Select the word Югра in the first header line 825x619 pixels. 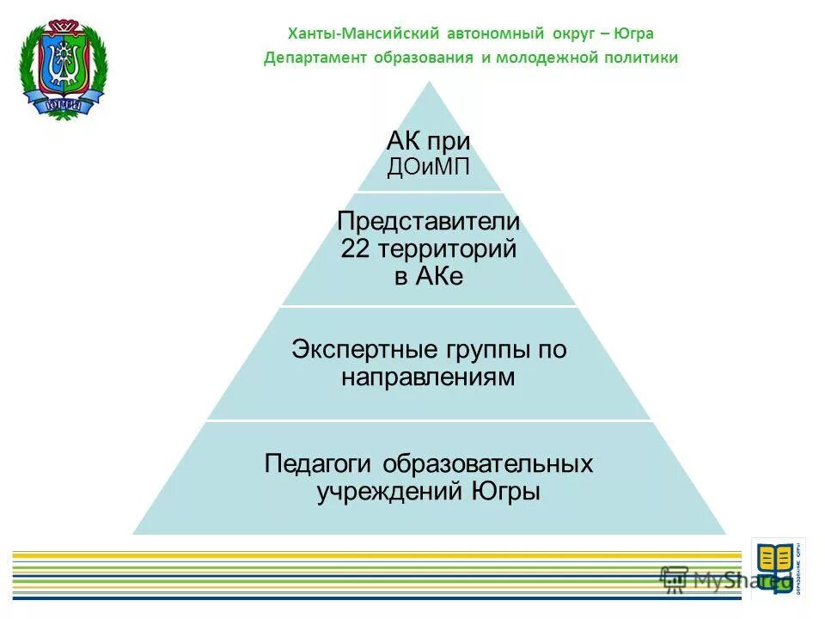tap(633, 34)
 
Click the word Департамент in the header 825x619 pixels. tap(315, 58)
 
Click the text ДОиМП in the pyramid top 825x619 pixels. tap(428, 167)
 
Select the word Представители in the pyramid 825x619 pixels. tap(428, 221)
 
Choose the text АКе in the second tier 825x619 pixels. tap(440, 277)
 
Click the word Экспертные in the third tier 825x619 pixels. tap(366, 349)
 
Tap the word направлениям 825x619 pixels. tap(428, 377)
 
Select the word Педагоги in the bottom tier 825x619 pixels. tap(317, 463)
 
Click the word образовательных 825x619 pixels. tap(487, 463)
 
